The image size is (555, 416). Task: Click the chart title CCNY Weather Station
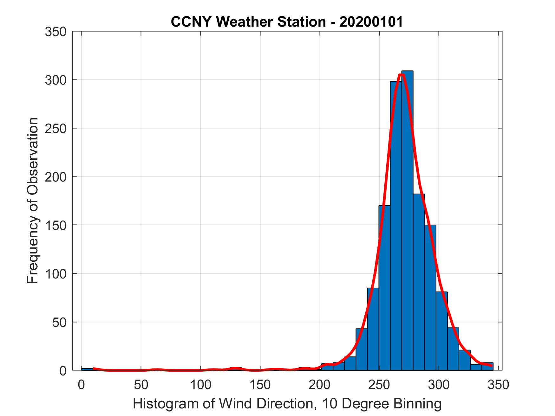[x=248, y=22]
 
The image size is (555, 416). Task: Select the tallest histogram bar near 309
[x=407, y=222]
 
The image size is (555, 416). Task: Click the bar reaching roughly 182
[x=419, y=285]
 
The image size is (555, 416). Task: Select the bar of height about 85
[x=373, y=330]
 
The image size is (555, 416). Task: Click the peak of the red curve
[x=401, y=75]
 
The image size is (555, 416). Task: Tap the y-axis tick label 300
[x=55, y=80]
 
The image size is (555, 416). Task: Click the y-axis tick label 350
[x=55, y=32]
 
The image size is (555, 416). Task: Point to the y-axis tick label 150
[x=55, y=225]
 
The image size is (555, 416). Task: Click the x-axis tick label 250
[x=379, y=385]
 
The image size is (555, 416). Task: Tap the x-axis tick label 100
[x=200, y=385]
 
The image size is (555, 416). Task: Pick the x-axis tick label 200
[x=320, y=385]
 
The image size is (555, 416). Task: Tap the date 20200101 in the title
[x=371, y=22]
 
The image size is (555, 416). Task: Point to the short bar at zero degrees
[x=87, y=369]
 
